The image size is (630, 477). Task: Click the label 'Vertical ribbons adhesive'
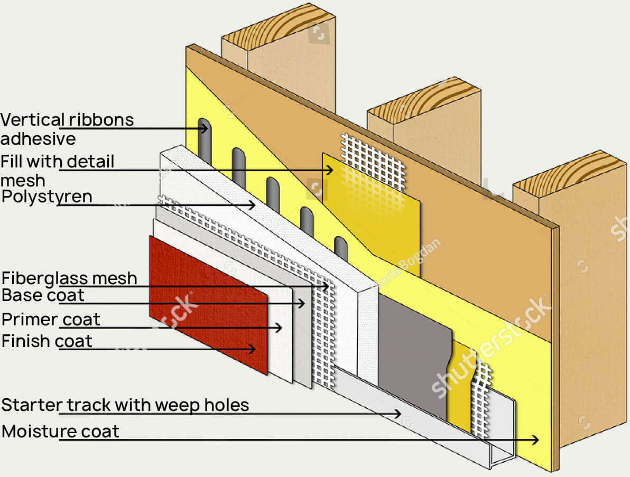point(67,129)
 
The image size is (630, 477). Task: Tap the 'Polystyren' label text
point(47,197)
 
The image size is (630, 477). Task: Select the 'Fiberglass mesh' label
point(69,278)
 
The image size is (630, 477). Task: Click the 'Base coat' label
point(43,295)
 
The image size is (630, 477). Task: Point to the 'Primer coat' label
point(51,320)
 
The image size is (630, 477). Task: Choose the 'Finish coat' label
point(47,341)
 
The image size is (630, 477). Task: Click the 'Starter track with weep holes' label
point(125,405)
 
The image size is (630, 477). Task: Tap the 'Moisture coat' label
point(60,431)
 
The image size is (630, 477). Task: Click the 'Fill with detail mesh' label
point(57,170)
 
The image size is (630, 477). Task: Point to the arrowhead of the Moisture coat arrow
point(536,439)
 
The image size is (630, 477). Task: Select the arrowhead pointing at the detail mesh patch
point(330,170)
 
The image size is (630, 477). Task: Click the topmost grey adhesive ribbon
point(204,138)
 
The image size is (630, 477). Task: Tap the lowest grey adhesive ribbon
point(341,248)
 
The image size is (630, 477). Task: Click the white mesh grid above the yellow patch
point(373,161)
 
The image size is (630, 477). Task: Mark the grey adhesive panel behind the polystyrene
point(415,354)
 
